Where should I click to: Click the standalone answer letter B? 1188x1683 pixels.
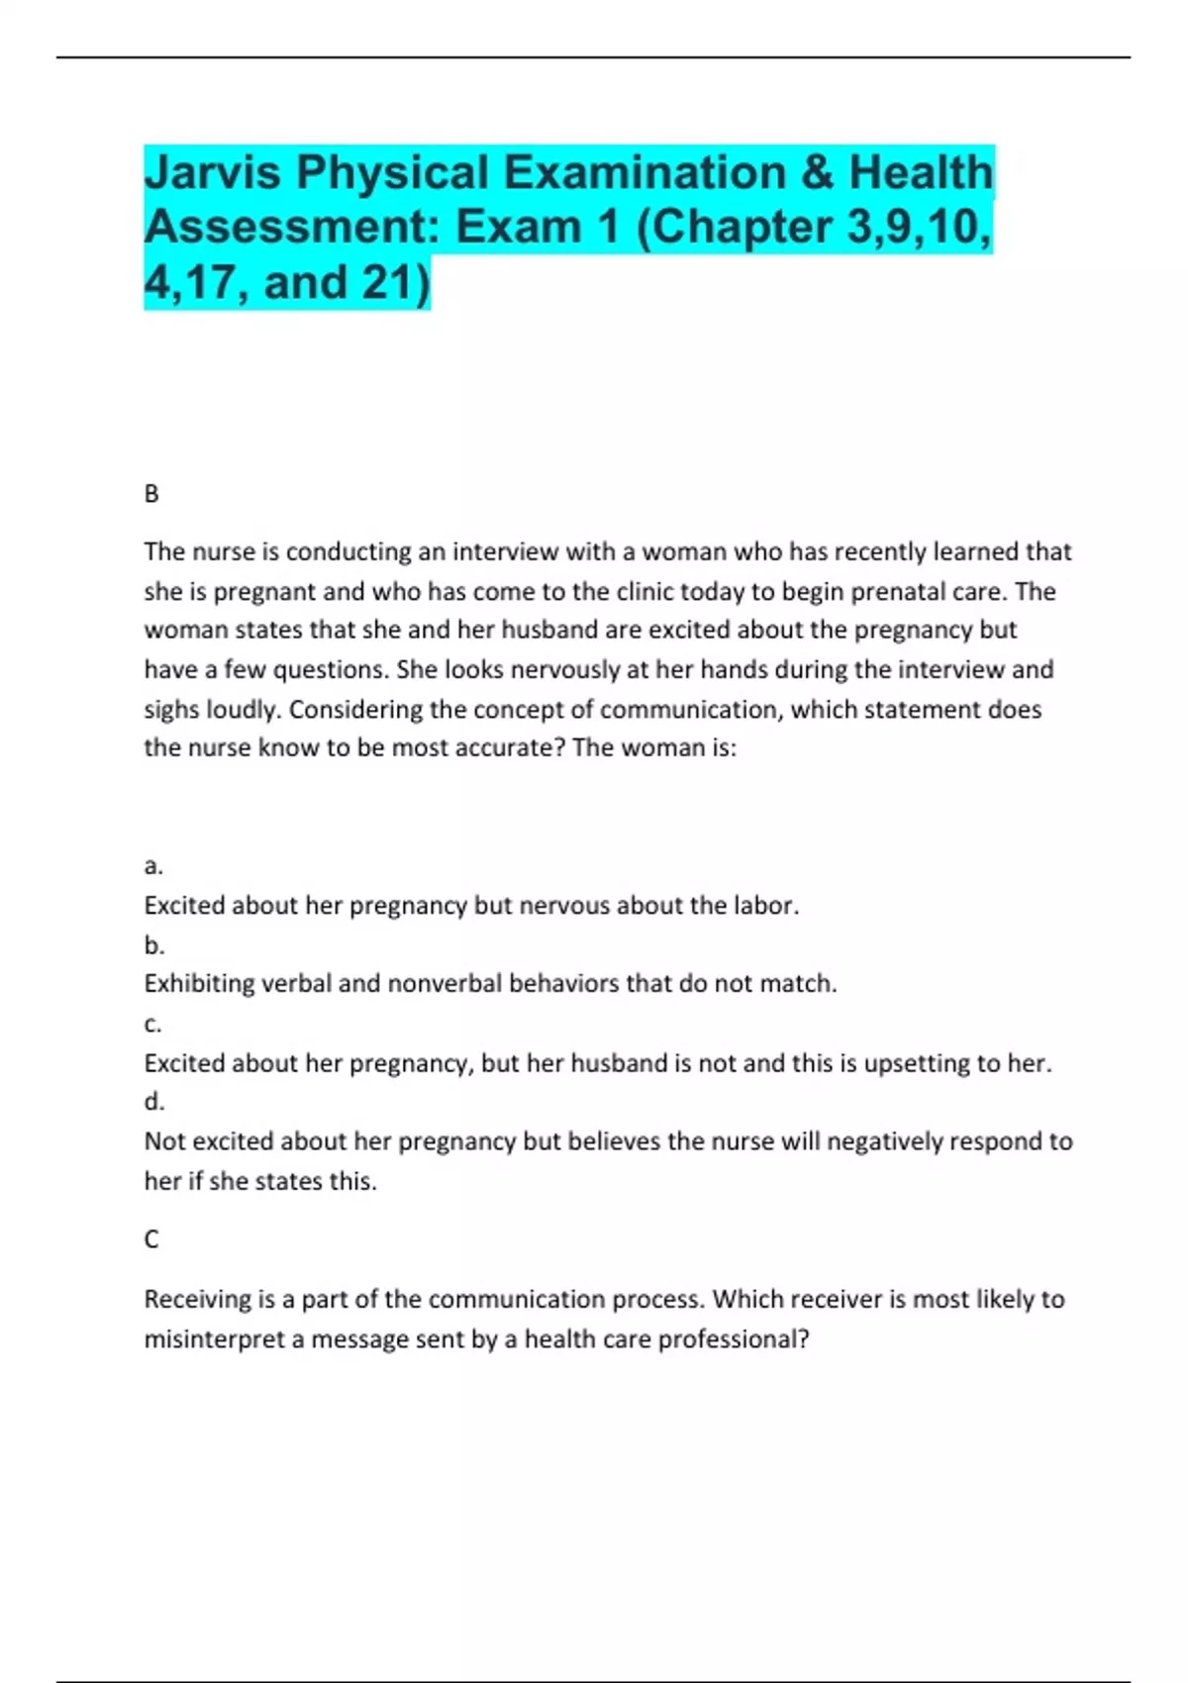[151, 493]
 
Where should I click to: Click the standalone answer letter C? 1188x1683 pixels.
[151, 1238]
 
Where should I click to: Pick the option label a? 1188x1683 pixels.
[153, 866]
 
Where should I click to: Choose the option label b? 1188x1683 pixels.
[153, 944]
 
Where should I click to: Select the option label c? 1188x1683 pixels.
[152, 1024]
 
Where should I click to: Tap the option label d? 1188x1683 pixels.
[153, 1101]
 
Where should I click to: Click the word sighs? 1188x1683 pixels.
[170, 710]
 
